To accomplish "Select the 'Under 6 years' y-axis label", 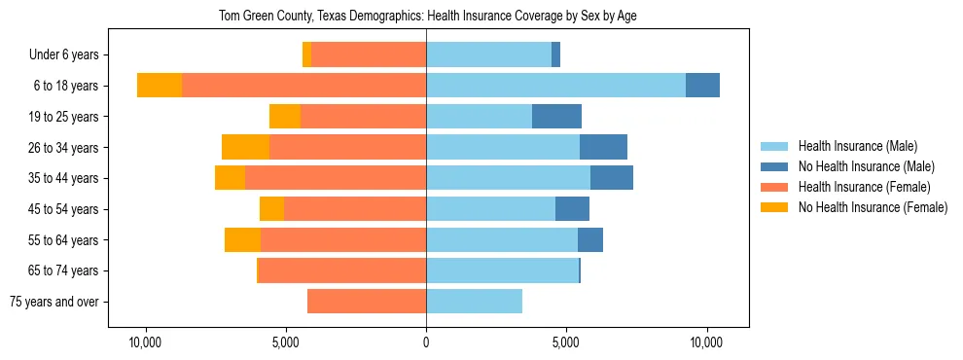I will click(69, 55).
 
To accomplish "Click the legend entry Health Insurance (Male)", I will click(856, 146).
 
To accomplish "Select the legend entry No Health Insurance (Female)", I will click(873, 207).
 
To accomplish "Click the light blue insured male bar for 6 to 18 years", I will click(555, 86).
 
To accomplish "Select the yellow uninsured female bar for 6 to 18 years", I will click(160, 86).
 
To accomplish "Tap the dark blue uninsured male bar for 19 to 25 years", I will click(556, 117).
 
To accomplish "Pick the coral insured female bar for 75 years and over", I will click(367, 302).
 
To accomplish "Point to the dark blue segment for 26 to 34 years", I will click(603, 147).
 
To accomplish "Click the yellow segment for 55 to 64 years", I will click(242, 239).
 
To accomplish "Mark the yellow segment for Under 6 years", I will click(306, 55).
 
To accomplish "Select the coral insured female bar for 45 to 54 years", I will click(355, 209).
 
